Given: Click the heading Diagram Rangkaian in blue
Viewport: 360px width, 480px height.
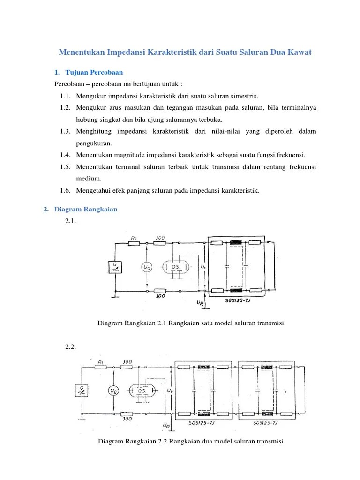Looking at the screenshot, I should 86,210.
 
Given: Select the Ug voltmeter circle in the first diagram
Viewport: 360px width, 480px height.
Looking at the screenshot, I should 147,267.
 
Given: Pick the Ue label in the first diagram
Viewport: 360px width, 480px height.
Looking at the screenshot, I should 203,266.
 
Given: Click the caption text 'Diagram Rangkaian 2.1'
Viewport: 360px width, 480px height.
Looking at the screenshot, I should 132,323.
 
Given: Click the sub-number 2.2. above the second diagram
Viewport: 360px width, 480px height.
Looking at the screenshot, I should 70,347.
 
